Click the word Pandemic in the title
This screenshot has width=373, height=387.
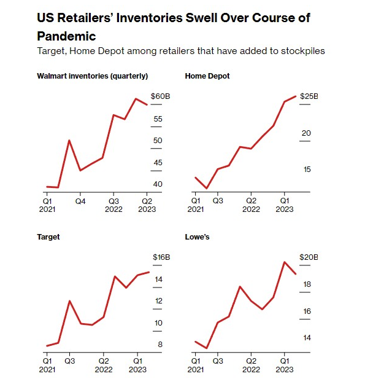pyautogui.click(x=67, y=36)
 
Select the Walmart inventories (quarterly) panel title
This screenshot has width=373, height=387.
pyautogui.click(x=93, y=76)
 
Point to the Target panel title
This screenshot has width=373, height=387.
pyautogui.click(x=48, y=237)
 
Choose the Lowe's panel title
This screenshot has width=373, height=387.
pyautogui.click(x=198, y=237)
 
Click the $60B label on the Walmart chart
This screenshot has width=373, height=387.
pyautogui.click(x=160, y=97)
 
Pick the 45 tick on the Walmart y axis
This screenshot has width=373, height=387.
pyautogui.click(x=158, y=162)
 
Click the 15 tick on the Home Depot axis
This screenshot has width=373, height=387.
pyautogui.click(x=307, y=170)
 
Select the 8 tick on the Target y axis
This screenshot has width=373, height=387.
pyautogui.click(x=160, y=345)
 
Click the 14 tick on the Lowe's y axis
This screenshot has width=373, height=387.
pyautogui.click(x=307, y=338)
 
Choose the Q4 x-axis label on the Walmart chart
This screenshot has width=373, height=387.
pyautogui.click(x=80, y=201)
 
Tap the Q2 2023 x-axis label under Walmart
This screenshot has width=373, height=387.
pyautogui.click(x=148, y=205)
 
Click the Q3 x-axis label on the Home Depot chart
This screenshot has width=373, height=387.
pyautogui.click(x=218, y=201)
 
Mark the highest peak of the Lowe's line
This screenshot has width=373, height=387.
pyautogui.click(x=285, y=262)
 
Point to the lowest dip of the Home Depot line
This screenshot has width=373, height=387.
pyautogui.click(x=207, y=189)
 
